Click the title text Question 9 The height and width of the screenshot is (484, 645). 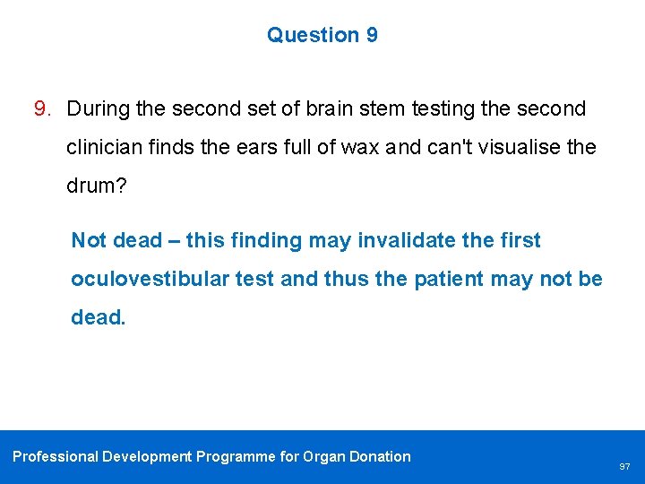point(322,35)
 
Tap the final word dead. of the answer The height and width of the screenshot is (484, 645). point(98,317)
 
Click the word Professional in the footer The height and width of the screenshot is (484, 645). point(55,456)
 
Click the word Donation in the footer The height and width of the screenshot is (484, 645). point(380,456)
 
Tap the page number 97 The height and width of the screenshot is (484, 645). point(624,467)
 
